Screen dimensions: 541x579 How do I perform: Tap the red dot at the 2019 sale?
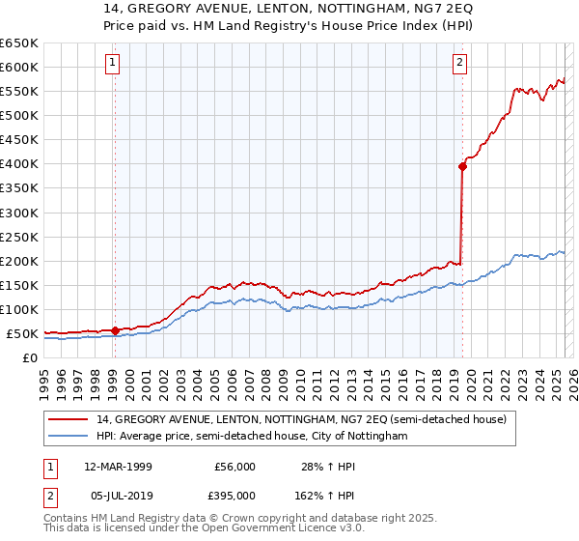click(x=462, y=166)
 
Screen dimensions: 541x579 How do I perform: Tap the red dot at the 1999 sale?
click(x=115, y=330)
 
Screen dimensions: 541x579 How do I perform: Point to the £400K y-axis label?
click(x=18, y=163)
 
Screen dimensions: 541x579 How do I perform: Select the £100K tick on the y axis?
click(x=18, y=309)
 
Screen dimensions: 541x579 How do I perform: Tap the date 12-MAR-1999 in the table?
click(x=119, y=467)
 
